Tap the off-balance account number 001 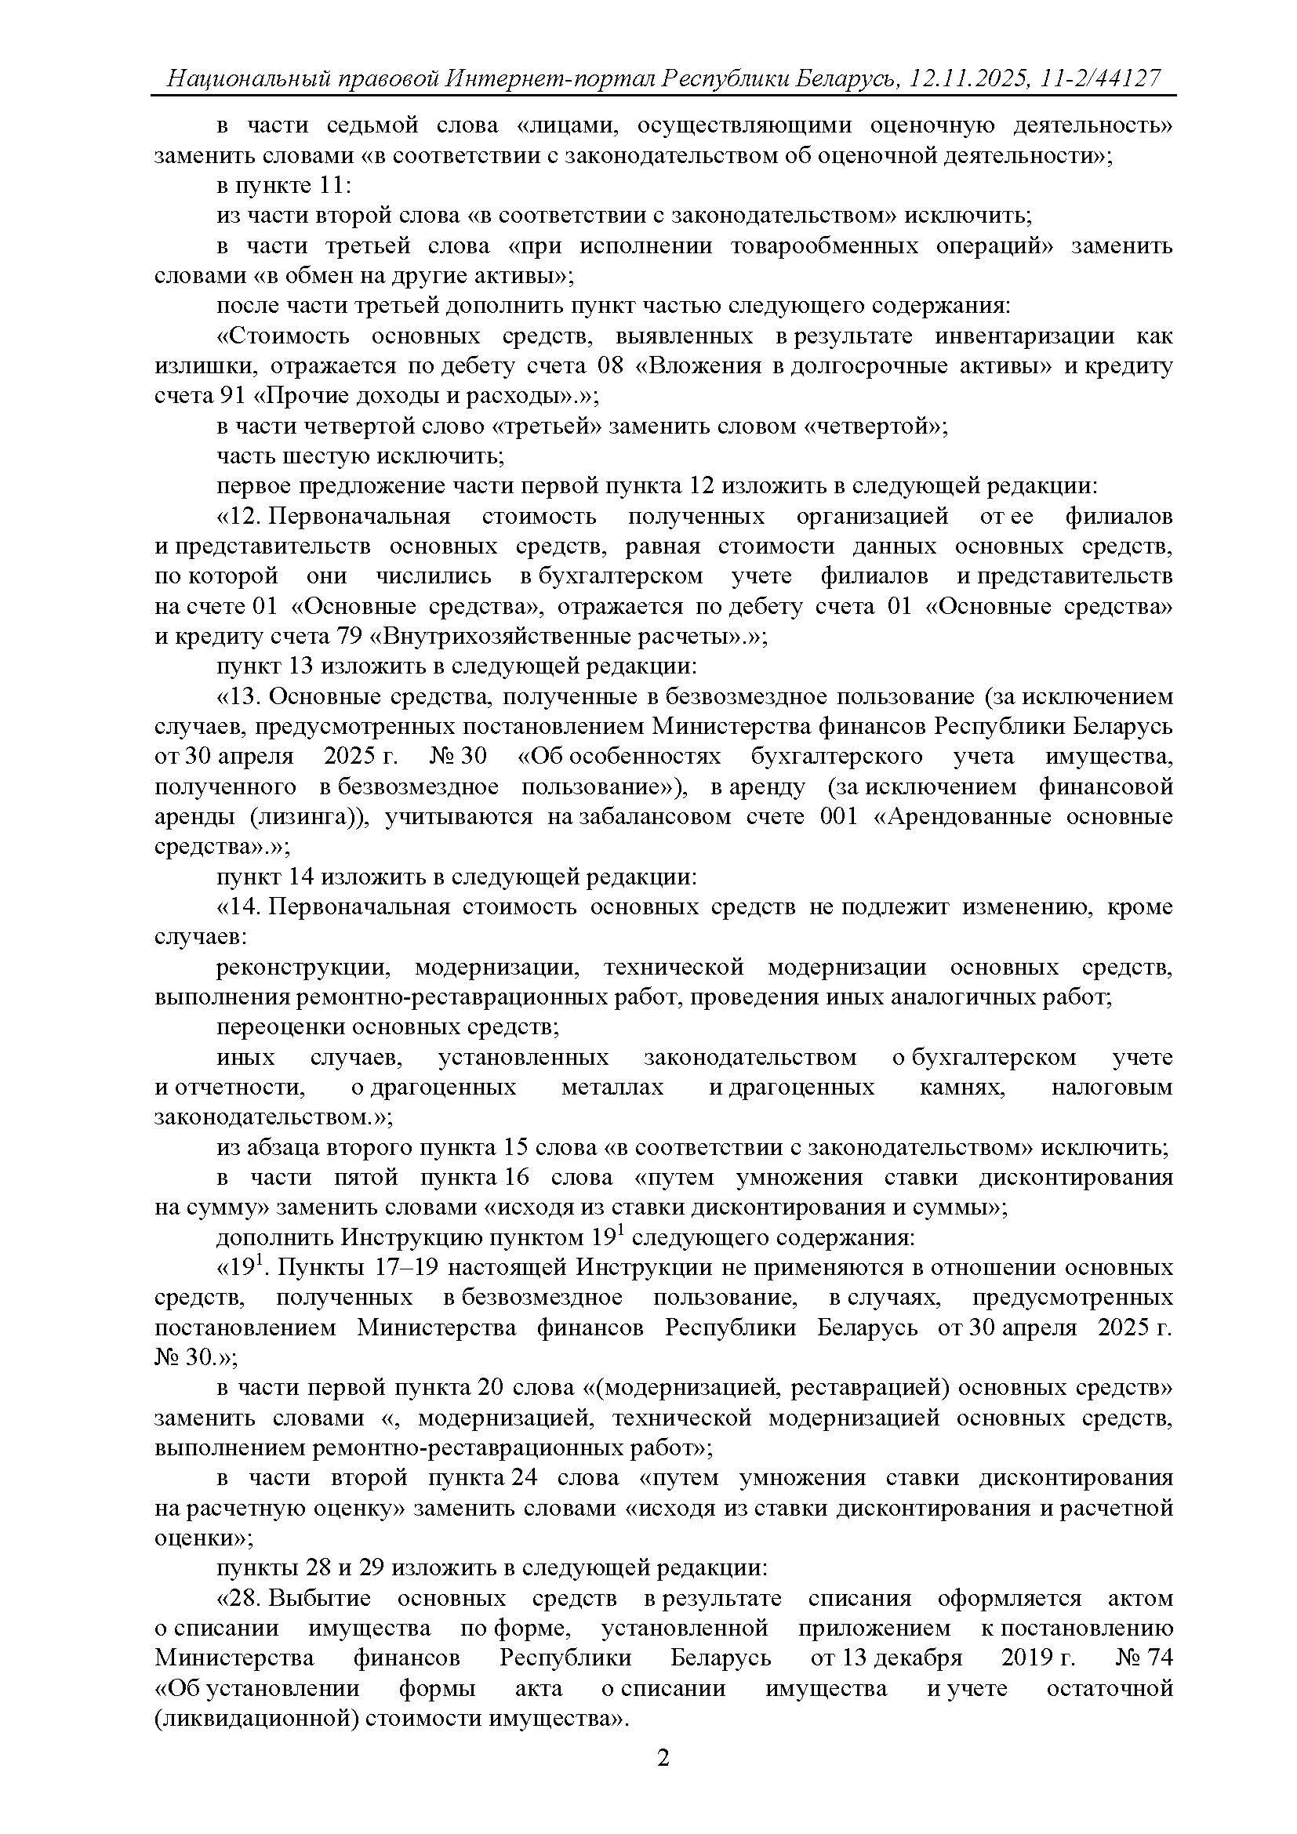(838, 816)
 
